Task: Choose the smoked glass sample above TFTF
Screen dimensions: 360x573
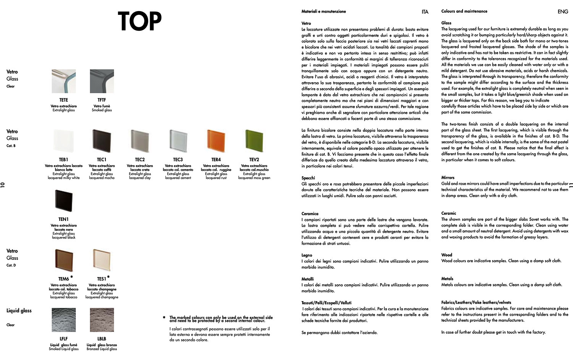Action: click(102, 81)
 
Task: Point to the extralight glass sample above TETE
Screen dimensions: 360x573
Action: click(63, 81)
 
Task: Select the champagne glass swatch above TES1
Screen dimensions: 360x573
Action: click(101, 260)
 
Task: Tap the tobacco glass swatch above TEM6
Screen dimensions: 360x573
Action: click(63, 260)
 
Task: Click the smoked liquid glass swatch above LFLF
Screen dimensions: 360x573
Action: click(63, 320)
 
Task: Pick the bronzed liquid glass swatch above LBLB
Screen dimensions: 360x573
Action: click(102, 320)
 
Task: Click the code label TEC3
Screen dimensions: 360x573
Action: click(178, 160)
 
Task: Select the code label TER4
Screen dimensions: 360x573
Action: click(216, 160)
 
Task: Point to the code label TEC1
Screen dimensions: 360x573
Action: click(102, 160)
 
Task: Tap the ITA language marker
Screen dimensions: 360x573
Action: click(425, 12)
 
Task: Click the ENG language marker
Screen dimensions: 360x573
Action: click(563, 12)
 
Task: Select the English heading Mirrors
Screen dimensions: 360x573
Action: click(448, 178)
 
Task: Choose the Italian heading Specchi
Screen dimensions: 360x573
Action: click(308, 178)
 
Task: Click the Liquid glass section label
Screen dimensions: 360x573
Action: click(19, 311)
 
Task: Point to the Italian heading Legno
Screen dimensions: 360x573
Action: click(307, 255)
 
